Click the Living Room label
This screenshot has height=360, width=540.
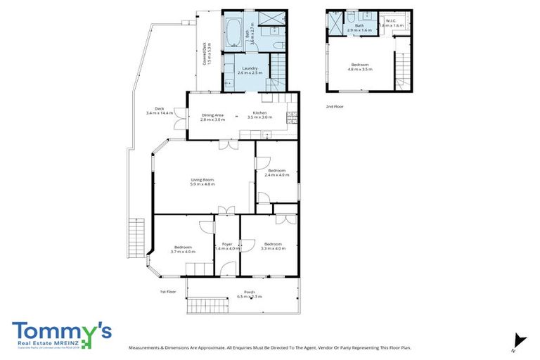(x=202, y=180)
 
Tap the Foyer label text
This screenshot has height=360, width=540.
(x=226, y=244)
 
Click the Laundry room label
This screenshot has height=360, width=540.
(x=250, y=67)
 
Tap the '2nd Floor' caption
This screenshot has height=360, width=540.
(x=335, y=106)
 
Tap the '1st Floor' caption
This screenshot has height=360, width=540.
(x=167, y=290)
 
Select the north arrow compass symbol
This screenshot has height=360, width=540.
(x=520, y=340)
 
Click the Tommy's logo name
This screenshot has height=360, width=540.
(x=61, y=330)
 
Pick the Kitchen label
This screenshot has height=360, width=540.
(x=259, y=113)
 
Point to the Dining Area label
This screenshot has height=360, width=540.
(x=213, y=115)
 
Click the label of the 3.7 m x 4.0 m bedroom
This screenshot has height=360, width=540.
(x=184, y=247)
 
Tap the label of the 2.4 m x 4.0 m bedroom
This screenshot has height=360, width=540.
(x=277, y=171)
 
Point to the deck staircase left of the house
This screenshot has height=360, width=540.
(x=136, y=239)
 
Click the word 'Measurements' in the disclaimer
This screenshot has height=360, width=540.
(x=147, y=347)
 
